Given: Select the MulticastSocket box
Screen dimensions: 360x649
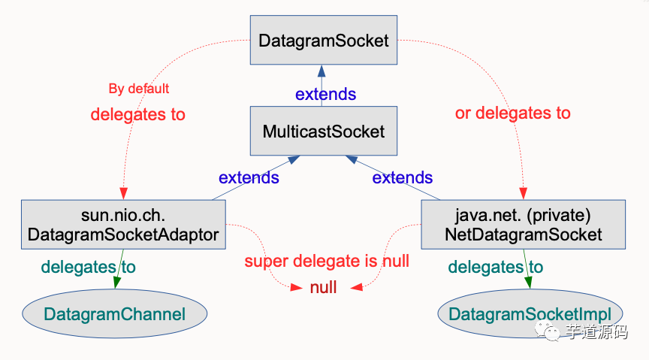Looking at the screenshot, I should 323,132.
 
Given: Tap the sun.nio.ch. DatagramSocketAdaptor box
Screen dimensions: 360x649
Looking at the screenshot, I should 123,225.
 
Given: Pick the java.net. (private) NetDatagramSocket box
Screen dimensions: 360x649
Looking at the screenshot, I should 523,225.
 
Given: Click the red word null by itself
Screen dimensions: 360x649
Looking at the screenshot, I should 324,287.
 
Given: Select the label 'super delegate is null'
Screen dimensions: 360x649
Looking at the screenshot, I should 327,262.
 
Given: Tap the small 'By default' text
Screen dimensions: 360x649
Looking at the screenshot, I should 139,89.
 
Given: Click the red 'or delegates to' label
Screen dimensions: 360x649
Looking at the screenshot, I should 513,113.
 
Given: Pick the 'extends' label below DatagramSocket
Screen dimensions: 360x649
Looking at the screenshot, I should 325,95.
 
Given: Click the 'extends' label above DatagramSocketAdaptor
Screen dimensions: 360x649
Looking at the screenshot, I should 249,178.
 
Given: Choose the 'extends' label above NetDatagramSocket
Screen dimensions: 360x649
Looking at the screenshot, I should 403,178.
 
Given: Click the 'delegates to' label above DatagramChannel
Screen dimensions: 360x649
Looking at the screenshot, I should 88,267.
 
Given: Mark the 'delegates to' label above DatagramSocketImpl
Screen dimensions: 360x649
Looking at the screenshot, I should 495,267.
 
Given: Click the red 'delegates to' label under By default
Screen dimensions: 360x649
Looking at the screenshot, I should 137,114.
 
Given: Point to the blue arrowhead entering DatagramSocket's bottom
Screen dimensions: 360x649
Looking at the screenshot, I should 321,71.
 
